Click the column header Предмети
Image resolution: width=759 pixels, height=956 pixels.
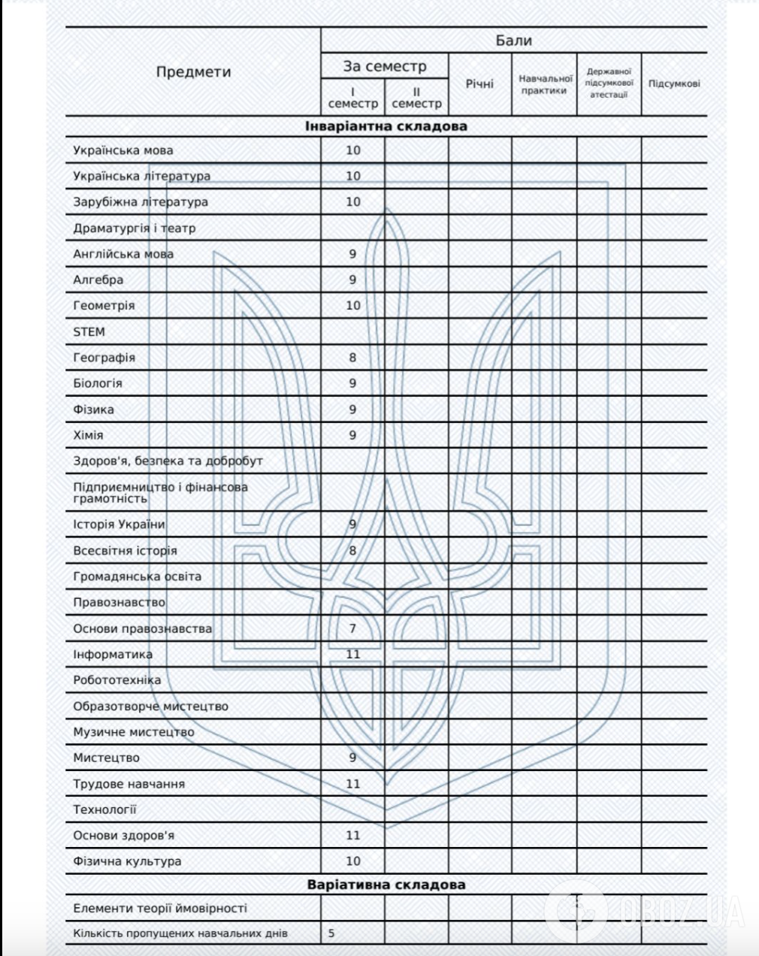click(x=193, y=72)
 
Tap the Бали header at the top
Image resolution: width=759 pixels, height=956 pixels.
click(x=513, y=41)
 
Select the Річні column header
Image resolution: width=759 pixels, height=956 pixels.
click(x=479, y=83)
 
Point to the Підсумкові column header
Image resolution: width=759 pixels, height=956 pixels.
click(x=674, y=83)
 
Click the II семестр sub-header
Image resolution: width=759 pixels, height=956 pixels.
click(x=416, y=98)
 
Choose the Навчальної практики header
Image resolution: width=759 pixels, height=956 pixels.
click(x=544, y=84)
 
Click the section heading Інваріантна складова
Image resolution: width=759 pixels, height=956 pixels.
click(x=386, y=126)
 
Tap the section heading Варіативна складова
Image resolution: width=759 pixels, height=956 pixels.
click(x=386, y=885)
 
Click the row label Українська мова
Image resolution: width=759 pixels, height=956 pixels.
click(x=123, y=150)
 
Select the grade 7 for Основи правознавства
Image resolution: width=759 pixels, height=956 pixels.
click(x=352, y=628)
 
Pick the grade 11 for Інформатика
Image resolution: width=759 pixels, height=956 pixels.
click(x=352, y=654)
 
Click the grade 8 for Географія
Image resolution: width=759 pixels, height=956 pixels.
click(x=352, y=358)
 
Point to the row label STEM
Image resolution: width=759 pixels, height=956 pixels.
click(x=89, y=331)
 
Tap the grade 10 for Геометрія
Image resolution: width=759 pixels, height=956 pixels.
click(x=352, y=306)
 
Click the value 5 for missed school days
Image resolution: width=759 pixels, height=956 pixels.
click(x=331, y=934)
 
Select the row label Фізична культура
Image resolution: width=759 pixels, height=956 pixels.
click(x=127, y=861)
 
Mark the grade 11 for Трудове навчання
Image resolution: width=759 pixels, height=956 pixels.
click(x=352, y=784)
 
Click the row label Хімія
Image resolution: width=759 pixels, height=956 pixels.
click(x=89, y=435)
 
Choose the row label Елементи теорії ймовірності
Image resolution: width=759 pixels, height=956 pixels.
click(x=160, y=909)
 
